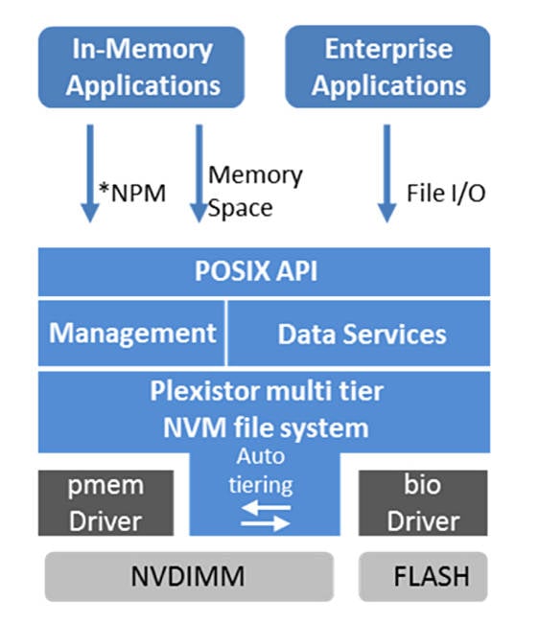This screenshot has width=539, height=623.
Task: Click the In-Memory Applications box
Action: pos(141,67)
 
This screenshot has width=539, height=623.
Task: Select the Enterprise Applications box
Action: pos(387,67)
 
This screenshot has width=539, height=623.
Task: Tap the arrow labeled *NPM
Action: pos(90,173)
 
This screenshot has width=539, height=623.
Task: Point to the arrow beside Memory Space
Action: pos(199,173)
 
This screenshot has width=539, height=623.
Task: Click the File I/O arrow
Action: pos(387,173)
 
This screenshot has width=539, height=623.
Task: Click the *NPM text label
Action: pos(132,193)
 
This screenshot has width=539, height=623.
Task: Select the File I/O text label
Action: pos(446,194)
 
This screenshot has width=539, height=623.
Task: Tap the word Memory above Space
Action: pos(255,175)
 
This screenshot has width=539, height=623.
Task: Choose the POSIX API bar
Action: pos(264,272)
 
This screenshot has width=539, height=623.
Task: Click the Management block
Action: pos(131,333)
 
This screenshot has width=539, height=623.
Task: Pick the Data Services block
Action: pos(359,333)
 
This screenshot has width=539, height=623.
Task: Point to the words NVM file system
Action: pos(266,427)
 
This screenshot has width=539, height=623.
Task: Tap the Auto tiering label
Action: pos(261,472)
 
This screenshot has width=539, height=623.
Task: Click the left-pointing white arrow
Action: pos(266,507)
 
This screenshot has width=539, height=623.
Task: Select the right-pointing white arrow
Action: pos(266,523)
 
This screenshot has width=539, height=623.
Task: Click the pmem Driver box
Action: pos(105,503)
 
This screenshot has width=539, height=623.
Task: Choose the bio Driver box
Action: pos(423,503)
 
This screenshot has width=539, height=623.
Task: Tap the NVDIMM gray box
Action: pos(189,576)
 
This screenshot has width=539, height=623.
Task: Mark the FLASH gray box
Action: pos(423,576)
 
